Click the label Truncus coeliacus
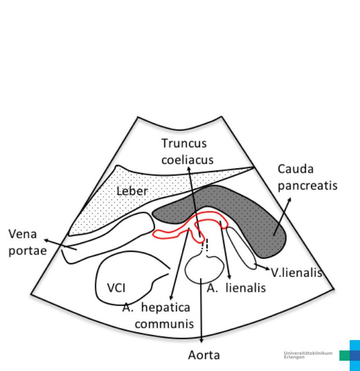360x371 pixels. click(x=187, y=151)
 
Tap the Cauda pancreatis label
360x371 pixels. click(x=307, y=177)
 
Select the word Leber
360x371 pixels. click(x=132, y=191)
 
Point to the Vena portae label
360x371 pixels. click(x=27, y=242)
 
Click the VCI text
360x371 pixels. click(x=115, y=287)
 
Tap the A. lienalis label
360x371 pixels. click(x=236, y=287)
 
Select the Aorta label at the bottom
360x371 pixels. click(x=204, y=355)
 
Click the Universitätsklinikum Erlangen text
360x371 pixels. click(x=308, y=355)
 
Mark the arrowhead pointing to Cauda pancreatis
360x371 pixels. click(x=289, y=199)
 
